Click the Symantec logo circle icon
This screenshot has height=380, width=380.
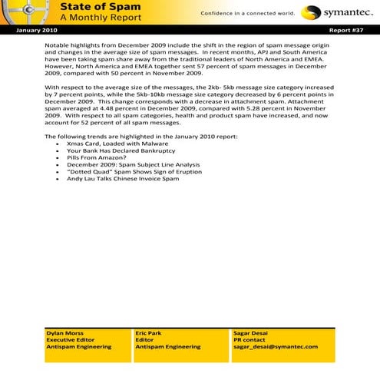coord(310,12)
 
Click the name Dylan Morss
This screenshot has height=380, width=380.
coord(65,334)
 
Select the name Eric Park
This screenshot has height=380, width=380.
coord(149,334)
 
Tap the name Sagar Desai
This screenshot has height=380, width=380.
coord(251,334)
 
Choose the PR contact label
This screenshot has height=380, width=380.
coord(249,340)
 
